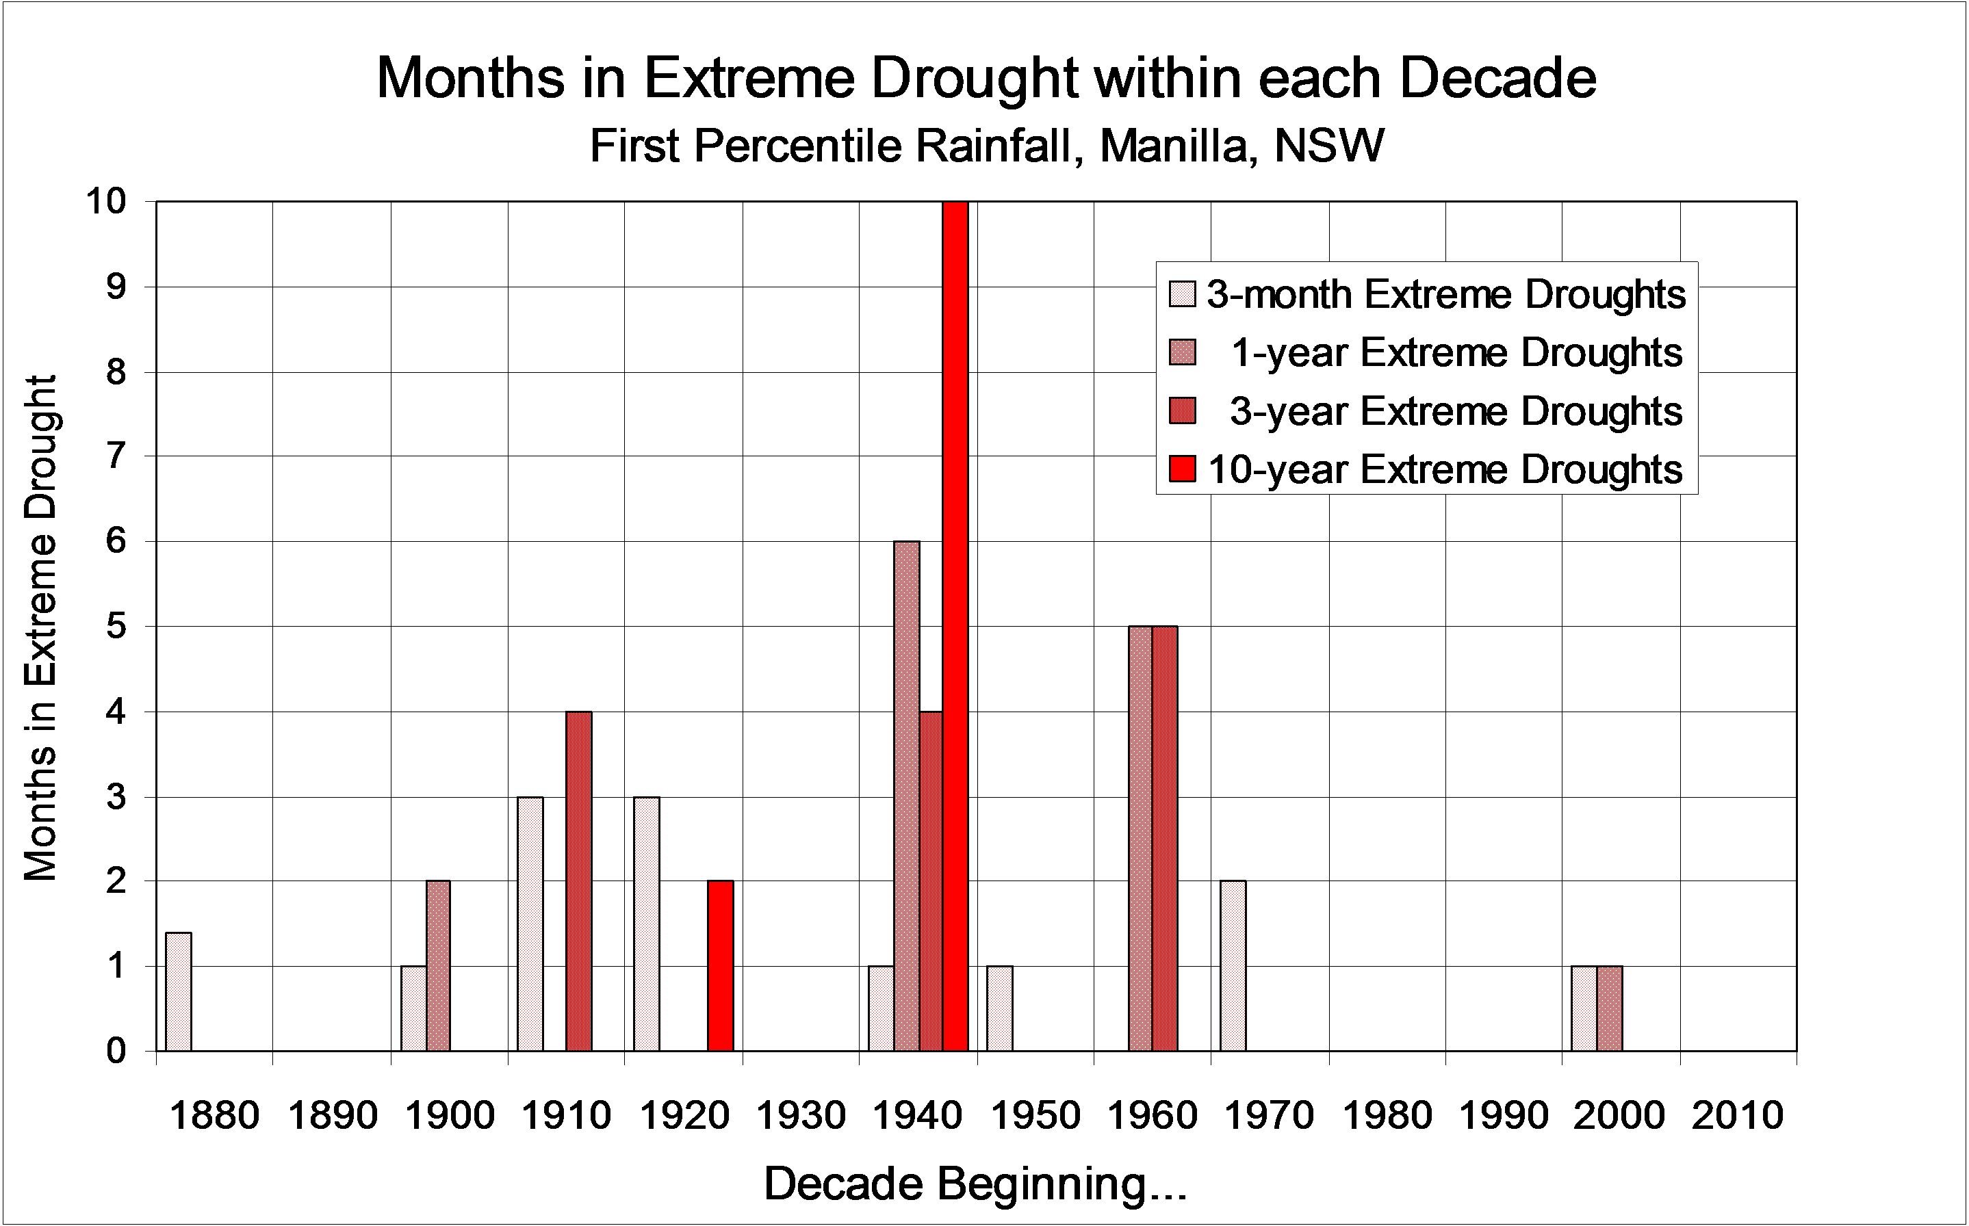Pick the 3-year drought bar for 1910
(579, 881)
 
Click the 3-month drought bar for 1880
(179, 991)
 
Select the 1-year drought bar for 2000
(1610, 1008)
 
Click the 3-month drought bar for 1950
(999, 1008)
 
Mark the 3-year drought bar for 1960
(1165, 838)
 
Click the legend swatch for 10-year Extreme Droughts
(1183, 469)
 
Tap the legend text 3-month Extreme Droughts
(1446, 294)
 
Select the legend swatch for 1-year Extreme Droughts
(1183, 353)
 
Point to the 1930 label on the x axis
(801, 1116)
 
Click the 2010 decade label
(1737, 1116)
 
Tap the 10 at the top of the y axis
(106, 201)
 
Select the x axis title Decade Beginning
(975, 1184)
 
